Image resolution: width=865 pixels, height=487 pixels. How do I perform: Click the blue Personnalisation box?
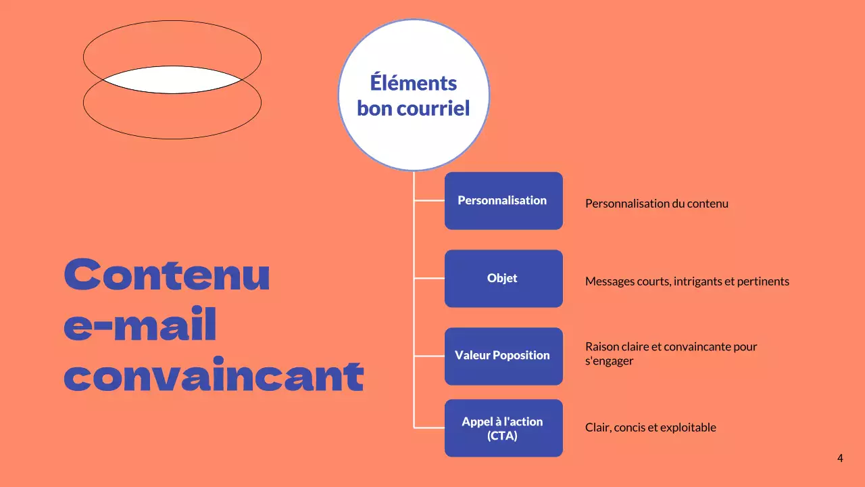click(503, 201)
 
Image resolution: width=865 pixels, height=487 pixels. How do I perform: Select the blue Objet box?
click(503, 279)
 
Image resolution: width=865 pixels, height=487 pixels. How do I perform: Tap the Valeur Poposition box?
click(503, 356)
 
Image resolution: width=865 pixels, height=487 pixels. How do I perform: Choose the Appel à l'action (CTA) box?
click(503, 428)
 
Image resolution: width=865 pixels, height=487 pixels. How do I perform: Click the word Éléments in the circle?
click(414, 83)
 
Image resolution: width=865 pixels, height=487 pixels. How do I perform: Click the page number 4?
click(840, 459)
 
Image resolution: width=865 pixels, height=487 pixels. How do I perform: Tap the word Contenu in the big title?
click(167, 275)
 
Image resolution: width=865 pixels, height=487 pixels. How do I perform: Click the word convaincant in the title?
click(214, 376)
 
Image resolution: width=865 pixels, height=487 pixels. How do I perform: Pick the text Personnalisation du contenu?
click(656, 204)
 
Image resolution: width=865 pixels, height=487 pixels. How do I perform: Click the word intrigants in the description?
click(697, 281)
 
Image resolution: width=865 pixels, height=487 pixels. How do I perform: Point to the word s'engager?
click(609, 361)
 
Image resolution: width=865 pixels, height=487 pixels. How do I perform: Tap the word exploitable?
click(689, 427)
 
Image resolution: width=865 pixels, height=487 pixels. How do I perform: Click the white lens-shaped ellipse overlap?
click(172, 80)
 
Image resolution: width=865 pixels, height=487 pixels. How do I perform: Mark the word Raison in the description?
click(601, 346)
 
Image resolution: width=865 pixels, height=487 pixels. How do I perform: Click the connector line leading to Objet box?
click(429, 278)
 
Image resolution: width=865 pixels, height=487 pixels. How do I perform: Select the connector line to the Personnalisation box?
click(429, 200)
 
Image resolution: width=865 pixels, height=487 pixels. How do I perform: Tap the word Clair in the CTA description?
click(597, 427)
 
